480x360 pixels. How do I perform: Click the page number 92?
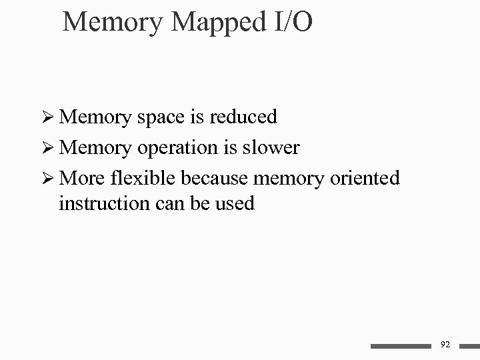click(446, 345)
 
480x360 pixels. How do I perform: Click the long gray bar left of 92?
click(401, 346)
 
